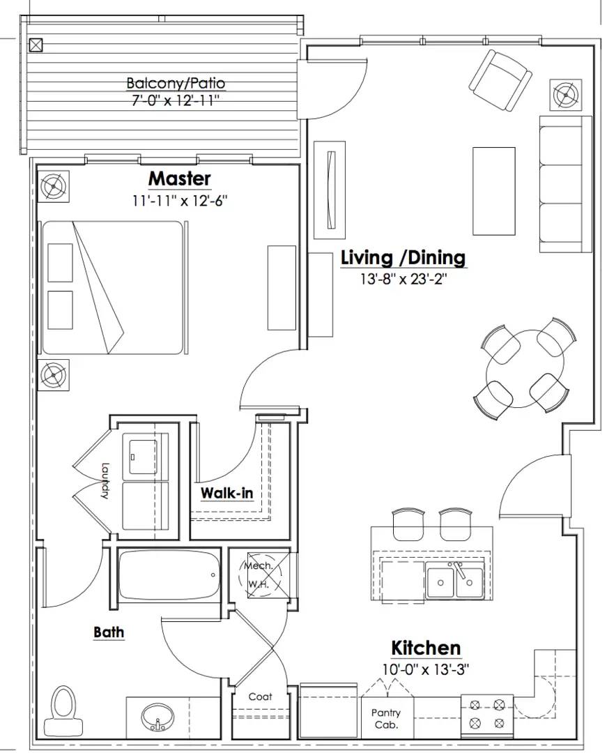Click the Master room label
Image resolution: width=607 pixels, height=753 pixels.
(x=180, y=178)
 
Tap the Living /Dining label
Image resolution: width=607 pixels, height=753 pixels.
(x=403, y=257)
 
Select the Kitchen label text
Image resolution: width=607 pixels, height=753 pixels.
(x=426, y=648)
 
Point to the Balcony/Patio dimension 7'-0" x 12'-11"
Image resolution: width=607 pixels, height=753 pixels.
(x=175, y=101)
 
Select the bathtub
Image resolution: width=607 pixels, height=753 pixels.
(x=169, y=575)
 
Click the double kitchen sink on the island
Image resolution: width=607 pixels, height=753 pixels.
(x=454, y=581)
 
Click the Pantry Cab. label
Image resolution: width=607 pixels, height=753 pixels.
(x=386, y=718)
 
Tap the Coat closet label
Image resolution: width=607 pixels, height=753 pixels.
(x=260, y=697)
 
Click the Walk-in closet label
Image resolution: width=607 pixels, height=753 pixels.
(x=226, y=493)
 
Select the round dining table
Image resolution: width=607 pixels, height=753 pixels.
(x=525, y=368)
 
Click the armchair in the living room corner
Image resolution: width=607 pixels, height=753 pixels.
(x=500, y=80)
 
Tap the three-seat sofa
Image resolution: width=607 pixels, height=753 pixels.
(x=565, y=184)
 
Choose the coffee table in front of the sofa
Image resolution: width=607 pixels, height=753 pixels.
(x=494, y=191)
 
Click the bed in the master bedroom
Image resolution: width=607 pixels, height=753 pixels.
(x=113, y=288)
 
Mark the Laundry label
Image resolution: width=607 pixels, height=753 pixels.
(x=105, y=480)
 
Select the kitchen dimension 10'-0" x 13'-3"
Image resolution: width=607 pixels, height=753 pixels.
(x=426, y=669)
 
